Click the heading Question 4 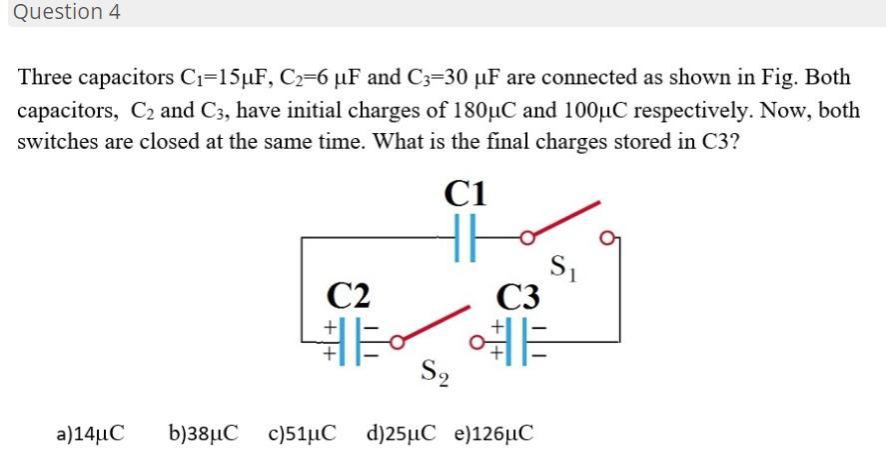[x=63, y=13]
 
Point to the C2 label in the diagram [x=349, y=295]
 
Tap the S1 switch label [x=561, y=267]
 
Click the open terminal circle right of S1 [x=607, y=237]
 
